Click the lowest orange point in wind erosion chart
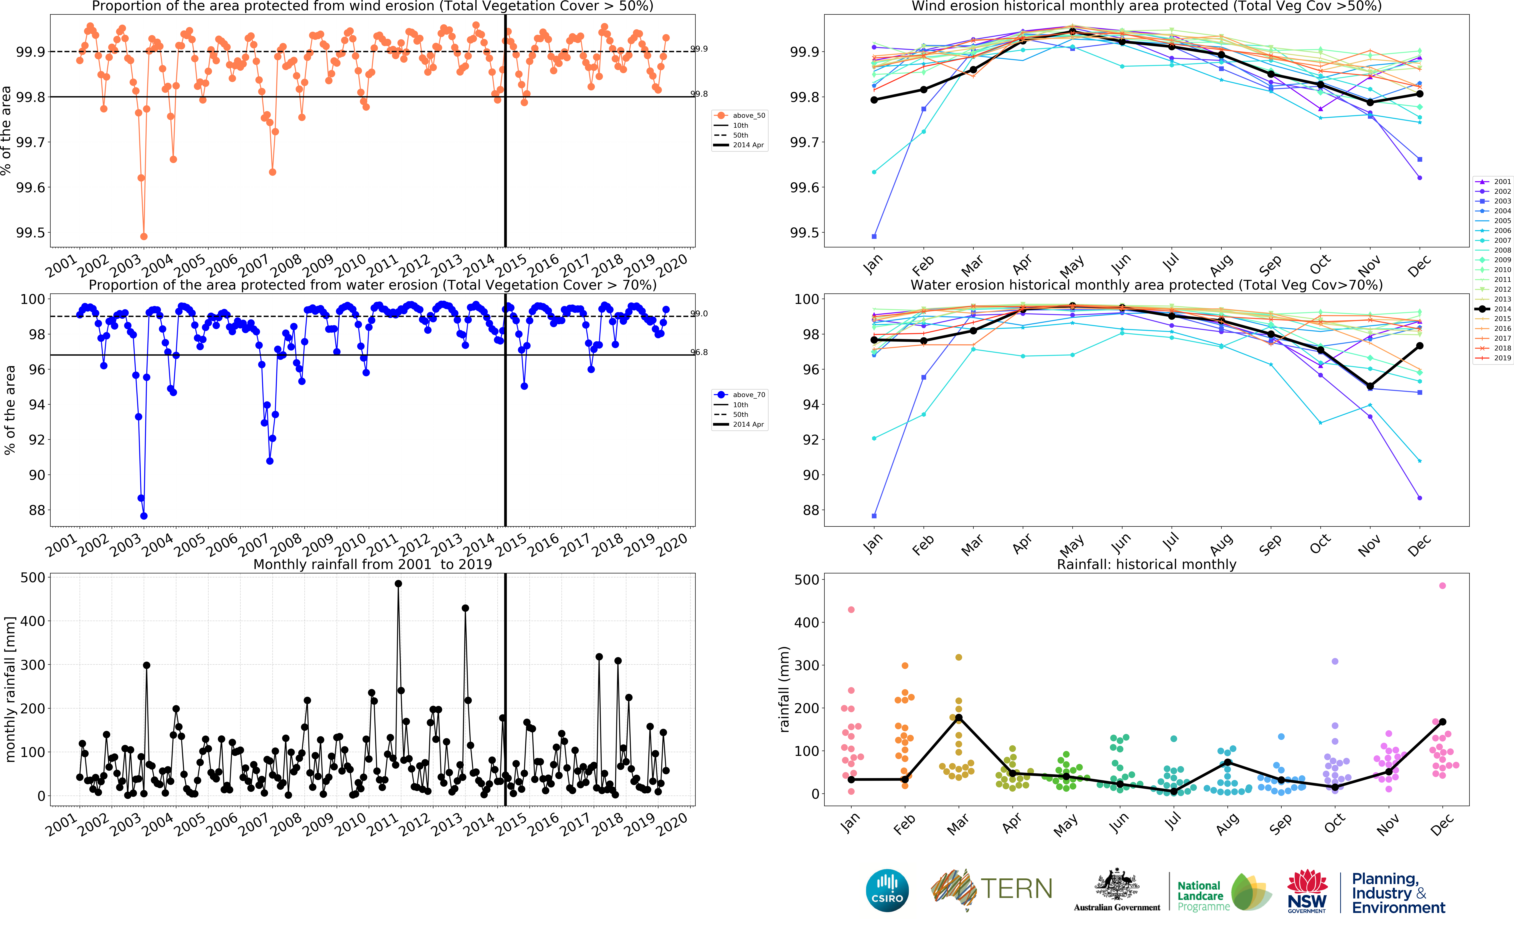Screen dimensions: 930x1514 tap(144, 236)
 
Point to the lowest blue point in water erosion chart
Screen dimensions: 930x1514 tap(144, 516)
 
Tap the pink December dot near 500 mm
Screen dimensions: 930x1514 tap(1443, 585)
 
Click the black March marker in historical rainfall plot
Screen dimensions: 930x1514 tap(958, 718)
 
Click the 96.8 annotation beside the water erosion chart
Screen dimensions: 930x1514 tap(699, 352)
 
